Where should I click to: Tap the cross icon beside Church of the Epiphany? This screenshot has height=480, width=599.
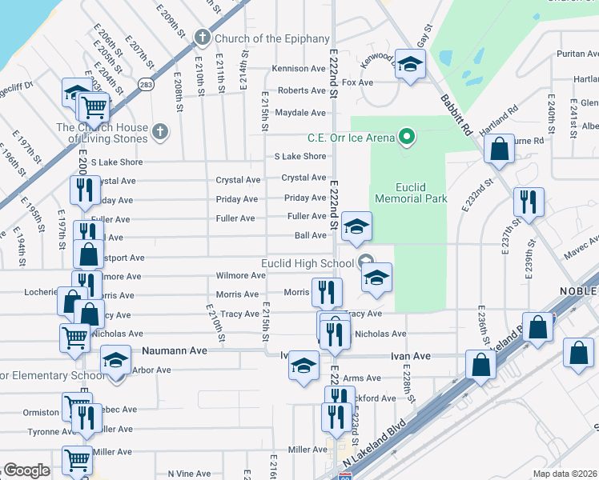click(x=203, y=38)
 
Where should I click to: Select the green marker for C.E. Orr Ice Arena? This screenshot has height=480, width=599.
click(x=407, y=137)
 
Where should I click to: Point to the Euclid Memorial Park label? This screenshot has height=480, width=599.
click(x=409, y=192)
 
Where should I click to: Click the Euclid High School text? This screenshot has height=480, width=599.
click(x=308, y=263)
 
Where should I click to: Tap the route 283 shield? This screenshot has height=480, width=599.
click(x=146, y=83)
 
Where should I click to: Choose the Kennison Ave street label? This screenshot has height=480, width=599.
click(x=298, y=69)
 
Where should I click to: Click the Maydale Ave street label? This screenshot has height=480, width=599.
click(x=300, y=113)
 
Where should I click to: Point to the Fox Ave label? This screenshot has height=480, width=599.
click(x=358, y=82)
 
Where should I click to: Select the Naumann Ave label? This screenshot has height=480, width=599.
click(x=175, y=350)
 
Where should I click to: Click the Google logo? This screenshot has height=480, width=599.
click(x=26, y=470)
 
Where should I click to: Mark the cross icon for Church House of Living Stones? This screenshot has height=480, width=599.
click(x=160, y=131)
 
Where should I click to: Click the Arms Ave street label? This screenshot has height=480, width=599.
click(x=362, y=378)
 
